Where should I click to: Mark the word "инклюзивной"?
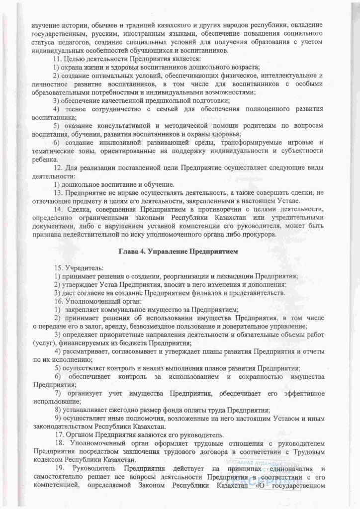[x=112, y=143]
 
